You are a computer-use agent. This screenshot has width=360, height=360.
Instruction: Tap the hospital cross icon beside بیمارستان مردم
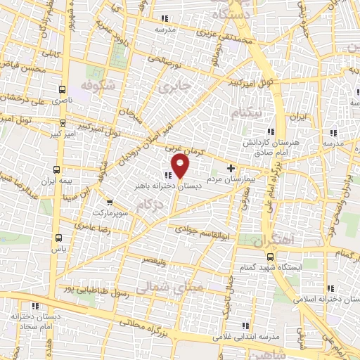231,168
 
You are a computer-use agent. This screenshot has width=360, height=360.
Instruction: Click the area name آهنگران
273,241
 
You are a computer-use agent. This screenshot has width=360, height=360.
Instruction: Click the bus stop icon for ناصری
63,90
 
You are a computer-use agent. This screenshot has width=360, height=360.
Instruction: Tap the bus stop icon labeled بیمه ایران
57,169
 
